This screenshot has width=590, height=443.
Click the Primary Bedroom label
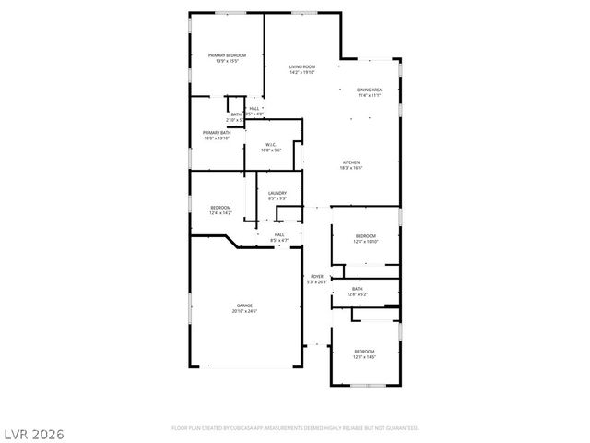click(x=227, y=55)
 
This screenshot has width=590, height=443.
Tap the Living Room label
click(x=302, y=66)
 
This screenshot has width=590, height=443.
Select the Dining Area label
click(x=370, y=89)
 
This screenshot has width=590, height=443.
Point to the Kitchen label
click(x=352, y=162)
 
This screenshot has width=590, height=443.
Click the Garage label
click(x=244, y=305)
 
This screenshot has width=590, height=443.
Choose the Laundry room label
click(x=277, y=193)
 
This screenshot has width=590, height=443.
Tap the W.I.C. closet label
click(x=272, y=144)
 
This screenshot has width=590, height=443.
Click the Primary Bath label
click(x=218, y=133)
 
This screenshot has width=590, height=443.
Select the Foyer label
click(x=316, y=276)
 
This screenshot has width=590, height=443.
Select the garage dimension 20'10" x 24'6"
click(x=244, y=311)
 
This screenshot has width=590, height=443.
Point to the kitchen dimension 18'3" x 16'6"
click(x=352, y=168)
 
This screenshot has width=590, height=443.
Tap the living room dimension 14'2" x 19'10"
click(x=302, y=72)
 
